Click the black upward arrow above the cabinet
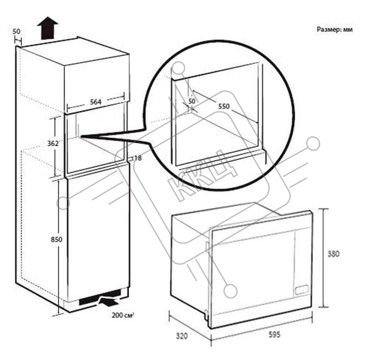pos(48,28)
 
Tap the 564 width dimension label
pos(96,102)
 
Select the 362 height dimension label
pos(53,144)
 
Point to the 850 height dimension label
pos(56,239)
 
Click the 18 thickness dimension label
pos(138,158)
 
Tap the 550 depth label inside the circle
pos(224,106)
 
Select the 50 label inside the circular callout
pos(192,101)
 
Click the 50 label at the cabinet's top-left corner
pos(16,31)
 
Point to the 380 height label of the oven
pos(333,254)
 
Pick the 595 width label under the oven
pos(274,334)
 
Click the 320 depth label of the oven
pos(181,336)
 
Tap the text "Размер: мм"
pos(335,30)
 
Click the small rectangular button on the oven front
pos(302,289)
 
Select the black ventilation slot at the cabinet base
pos(100,297)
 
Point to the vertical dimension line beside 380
pos(323,258)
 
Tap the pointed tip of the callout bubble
pos(82,136)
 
